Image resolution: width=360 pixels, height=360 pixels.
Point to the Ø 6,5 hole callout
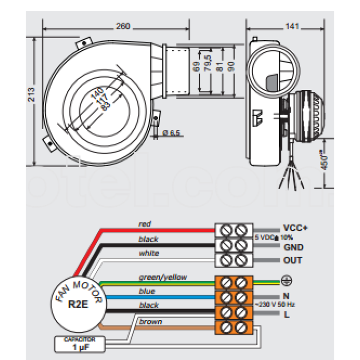click(x=171, y=133)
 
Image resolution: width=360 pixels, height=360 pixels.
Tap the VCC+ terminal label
click(x=295, y=228)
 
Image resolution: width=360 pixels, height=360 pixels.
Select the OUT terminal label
click(x=292, y=260)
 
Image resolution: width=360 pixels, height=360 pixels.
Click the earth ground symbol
click(x=287, y=281)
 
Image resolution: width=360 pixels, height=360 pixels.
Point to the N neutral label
click(x=286, y=296)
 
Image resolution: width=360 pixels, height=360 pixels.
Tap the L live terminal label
click(x=286, y=313)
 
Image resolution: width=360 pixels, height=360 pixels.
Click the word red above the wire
click(x=145, y=224)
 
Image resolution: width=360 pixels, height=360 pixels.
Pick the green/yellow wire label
click(x=163, y=277)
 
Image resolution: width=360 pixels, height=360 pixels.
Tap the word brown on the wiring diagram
click(x=150, y=321)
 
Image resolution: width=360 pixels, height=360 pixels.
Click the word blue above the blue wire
click(x=147, y=291)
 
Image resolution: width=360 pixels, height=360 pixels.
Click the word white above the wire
click(x=149, y=253)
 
